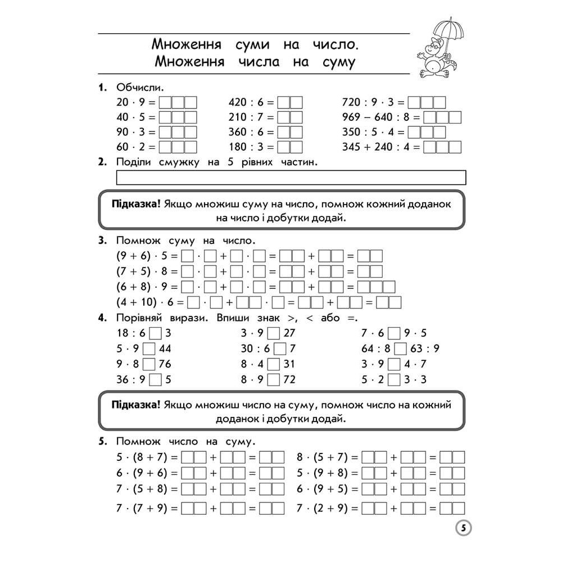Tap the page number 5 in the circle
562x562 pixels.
pos(461,528)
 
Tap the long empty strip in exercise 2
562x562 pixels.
pos(291,178)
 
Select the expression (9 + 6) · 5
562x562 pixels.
pos(143,256)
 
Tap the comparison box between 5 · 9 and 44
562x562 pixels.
pos(149,348)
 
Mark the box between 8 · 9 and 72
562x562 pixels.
pos(273,380)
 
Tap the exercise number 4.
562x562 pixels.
pos(102,318)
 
